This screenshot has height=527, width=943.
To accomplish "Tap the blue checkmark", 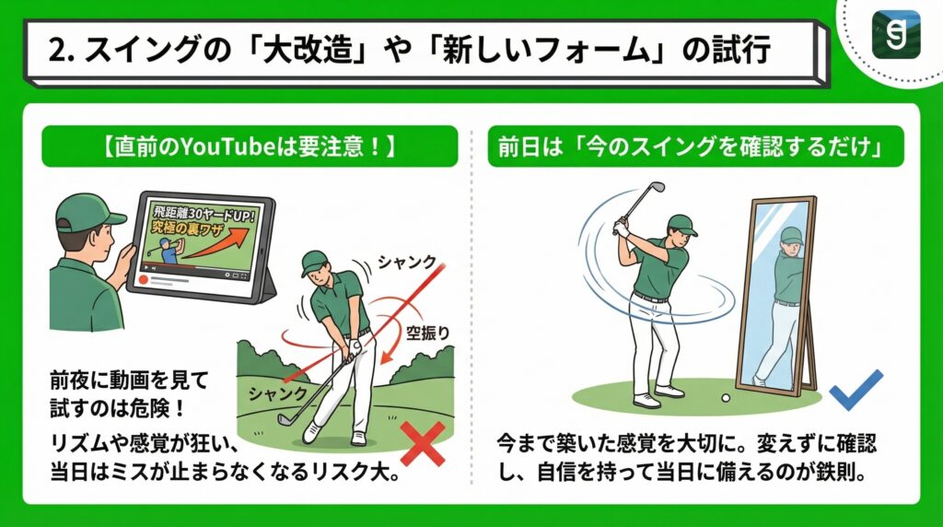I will click(x=856, y=390).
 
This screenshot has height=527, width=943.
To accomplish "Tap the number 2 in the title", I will click(x=54, y=52).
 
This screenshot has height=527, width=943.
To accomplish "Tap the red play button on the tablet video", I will click(x=143, y=276).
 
